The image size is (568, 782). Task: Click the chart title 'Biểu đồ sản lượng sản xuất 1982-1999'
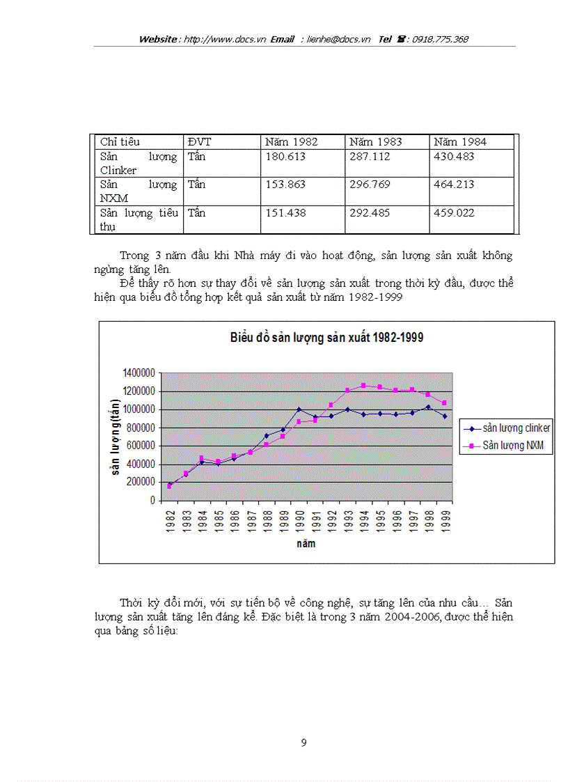pos(326,338)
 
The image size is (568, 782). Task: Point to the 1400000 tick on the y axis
pos(140,373)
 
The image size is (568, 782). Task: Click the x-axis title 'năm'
pos(306,543)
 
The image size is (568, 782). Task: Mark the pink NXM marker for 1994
pos(363,385)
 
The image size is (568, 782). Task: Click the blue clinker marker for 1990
pos(299,409)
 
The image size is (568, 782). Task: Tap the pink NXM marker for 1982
pos(169,486)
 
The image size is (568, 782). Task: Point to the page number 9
pos(303,743)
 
